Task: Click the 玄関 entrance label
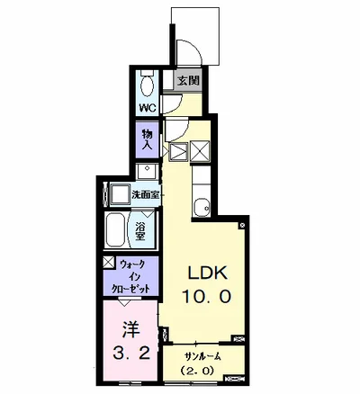189,80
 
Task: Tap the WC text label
148,108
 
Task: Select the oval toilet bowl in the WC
147,85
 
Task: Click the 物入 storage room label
147,139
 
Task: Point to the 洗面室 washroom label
145,195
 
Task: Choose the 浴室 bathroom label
140,230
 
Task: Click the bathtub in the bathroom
115,230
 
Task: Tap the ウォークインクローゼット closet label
131,277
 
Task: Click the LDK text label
207,273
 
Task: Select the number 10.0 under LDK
207,297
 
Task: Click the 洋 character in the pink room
131,330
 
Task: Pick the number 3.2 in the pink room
131,353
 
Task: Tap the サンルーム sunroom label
202,356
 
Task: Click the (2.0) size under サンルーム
197,371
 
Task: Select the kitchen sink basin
202,207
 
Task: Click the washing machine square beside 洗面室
121,194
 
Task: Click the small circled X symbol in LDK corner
242,225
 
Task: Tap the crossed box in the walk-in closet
109,262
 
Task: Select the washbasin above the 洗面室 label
147,171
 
